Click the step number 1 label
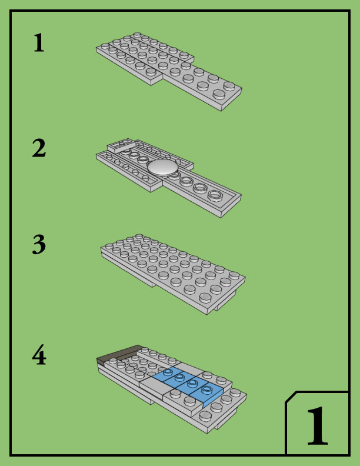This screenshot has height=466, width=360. (39, 42)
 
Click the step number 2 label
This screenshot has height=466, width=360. (39, 148)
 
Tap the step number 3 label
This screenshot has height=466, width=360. (39, 244)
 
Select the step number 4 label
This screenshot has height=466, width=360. (39, 355)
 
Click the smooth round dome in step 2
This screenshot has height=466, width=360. (163, 167)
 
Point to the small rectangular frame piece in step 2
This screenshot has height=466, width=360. (121, 146)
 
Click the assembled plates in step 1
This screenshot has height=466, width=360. (169, 71)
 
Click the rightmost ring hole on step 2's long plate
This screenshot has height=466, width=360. (215, 195)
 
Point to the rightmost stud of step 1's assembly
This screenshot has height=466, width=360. (229, 86)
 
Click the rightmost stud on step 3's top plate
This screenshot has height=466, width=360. (234, 275)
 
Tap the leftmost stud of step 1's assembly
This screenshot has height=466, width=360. (105, 46)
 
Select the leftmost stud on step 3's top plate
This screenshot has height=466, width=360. (109, 247)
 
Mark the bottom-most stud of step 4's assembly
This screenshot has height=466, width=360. (205, 415)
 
